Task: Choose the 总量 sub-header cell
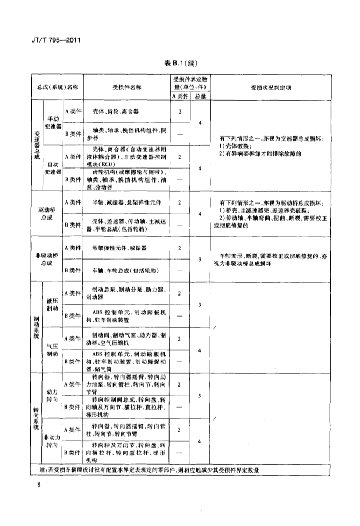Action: click(200, 96)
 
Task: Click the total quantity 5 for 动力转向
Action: click(200, 396)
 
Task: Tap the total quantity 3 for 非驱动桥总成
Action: click(200, 260)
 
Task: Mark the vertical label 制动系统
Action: click(37, 327)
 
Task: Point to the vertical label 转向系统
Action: click(37, 418)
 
